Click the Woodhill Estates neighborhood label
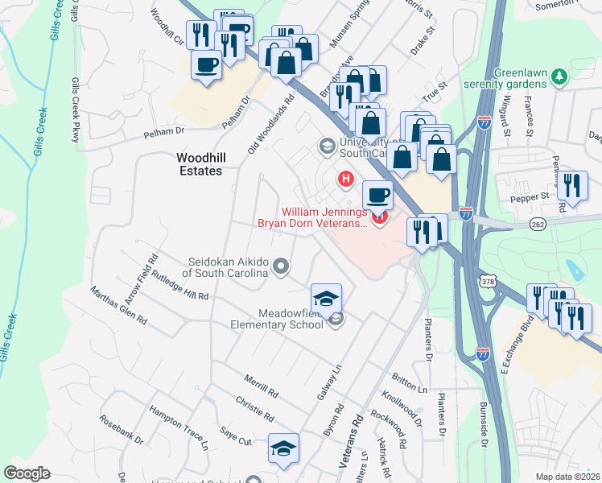(200, 165)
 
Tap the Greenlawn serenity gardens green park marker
(561, 76)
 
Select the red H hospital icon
(346, 179)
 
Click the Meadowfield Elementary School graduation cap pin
(327, 298)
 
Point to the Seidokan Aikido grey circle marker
(281, 265)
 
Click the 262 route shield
(538, 225)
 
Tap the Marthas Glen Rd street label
(118, 305)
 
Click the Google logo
(27, 473)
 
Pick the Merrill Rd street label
(262, 385)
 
